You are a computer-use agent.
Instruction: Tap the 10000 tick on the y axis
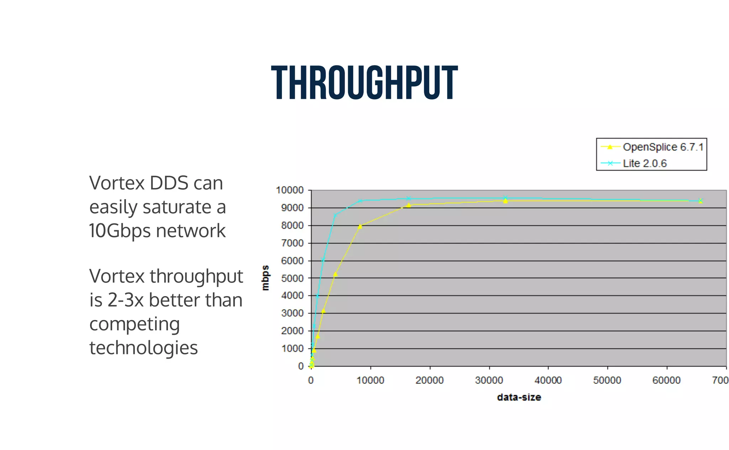[x=290, y=191]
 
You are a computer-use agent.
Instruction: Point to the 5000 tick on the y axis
[x=292, y=278]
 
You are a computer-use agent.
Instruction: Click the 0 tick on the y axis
[x=301, y=366]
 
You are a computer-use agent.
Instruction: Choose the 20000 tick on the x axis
[x=430, y=380]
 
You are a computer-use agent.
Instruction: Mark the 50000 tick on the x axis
[x=607, y=380]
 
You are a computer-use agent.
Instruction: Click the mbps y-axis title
[x=266, y=278]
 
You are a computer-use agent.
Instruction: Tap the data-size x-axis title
[x=519, y=397]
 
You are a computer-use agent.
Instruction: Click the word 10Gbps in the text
[x=121, y=231]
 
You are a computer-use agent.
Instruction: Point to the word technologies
[x=143, y=348]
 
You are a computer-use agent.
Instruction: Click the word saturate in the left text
[x=177, y=207]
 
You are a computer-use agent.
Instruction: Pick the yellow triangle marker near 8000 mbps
[x=360, y=226]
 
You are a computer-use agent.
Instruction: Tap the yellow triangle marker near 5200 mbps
[x=335, y=274]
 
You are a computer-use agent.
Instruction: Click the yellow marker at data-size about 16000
[x=409, y=205]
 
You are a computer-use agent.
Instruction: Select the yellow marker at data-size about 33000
[x=505, y=201]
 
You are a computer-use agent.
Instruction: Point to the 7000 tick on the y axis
[x=292, y=243]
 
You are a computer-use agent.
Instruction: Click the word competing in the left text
[x=135, y=324]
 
